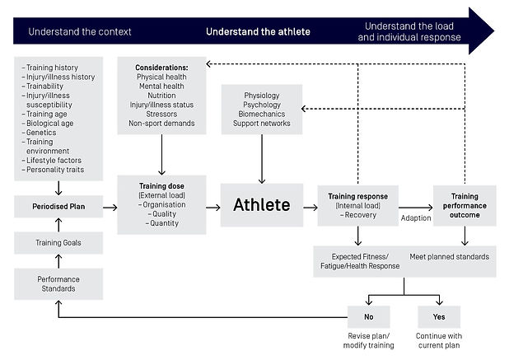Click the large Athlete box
262,205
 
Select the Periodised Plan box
58,207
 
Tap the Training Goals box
58,243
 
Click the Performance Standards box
58,284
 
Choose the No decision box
368,317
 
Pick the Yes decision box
439,317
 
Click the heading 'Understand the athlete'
258,31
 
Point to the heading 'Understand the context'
80,31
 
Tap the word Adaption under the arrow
416,217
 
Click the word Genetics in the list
41,133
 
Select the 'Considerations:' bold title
161,68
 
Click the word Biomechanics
262,114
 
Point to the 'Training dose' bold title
161,186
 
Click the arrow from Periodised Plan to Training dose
110,208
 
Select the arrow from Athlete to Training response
311,208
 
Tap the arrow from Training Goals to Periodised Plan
58,225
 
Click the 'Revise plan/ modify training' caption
368,340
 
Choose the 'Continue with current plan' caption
439,340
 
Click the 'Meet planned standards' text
449,257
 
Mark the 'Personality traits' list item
55,170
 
